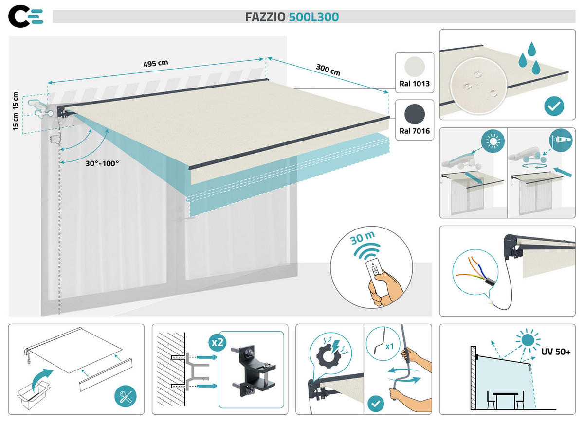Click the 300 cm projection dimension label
[x=328, y=69]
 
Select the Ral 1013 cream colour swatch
[x=414, y=66]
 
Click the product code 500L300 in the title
[x=314, y=17]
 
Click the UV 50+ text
[x=556, y=351]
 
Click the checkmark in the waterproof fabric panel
[x=554, y=106]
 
